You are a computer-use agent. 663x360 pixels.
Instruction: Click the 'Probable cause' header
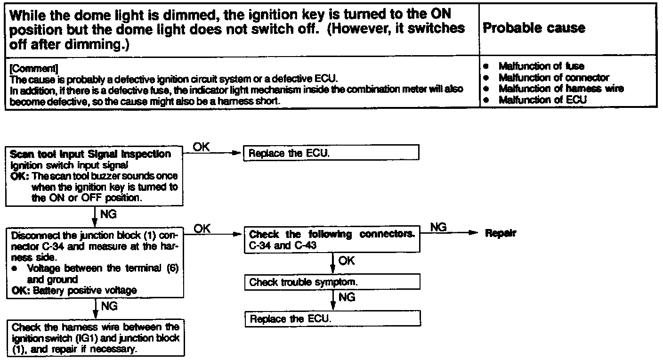(534, 28)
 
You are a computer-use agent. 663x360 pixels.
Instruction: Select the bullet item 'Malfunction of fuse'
(541, 66)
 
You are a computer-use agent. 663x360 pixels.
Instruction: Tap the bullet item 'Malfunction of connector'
(553, 78)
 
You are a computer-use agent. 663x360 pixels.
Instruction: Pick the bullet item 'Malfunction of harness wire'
(561, 89)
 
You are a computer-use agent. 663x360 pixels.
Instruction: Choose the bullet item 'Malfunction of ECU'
(542, 100)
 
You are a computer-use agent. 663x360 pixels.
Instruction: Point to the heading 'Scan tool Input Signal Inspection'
(90, 154)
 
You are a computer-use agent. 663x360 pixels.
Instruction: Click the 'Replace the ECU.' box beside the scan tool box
(331, 153)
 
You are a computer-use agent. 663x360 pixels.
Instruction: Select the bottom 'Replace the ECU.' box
(332, 319)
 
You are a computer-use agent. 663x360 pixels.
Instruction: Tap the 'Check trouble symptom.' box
(332, 282)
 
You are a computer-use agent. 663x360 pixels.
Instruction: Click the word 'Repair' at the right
(501, 234)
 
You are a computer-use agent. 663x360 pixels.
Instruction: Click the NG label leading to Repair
(438, 228)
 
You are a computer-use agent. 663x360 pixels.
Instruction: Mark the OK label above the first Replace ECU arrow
(202, 147)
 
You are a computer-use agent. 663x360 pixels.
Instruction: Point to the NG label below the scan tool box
(109, 215)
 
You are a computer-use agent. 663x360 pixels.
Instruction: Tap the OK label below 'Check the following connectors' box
(347, 261)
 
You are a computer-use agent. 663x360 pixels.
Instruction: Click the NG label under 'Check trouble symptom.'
(347, 297)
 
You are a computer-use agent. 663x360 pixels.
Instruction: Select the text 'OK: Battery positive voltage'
(74, 290)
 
